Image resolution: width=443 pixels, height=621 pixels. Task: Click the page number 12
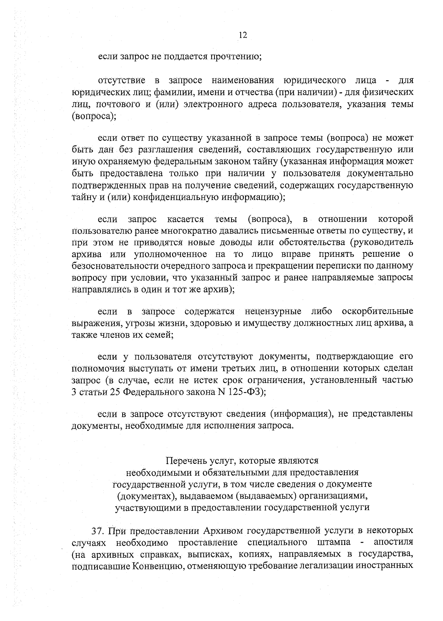coord(243,35)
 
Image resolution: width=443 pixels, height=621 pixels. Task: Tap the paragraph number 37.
coord(97,531)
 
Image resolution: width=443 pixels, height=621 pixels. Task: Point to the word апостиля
coord(394,543)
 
